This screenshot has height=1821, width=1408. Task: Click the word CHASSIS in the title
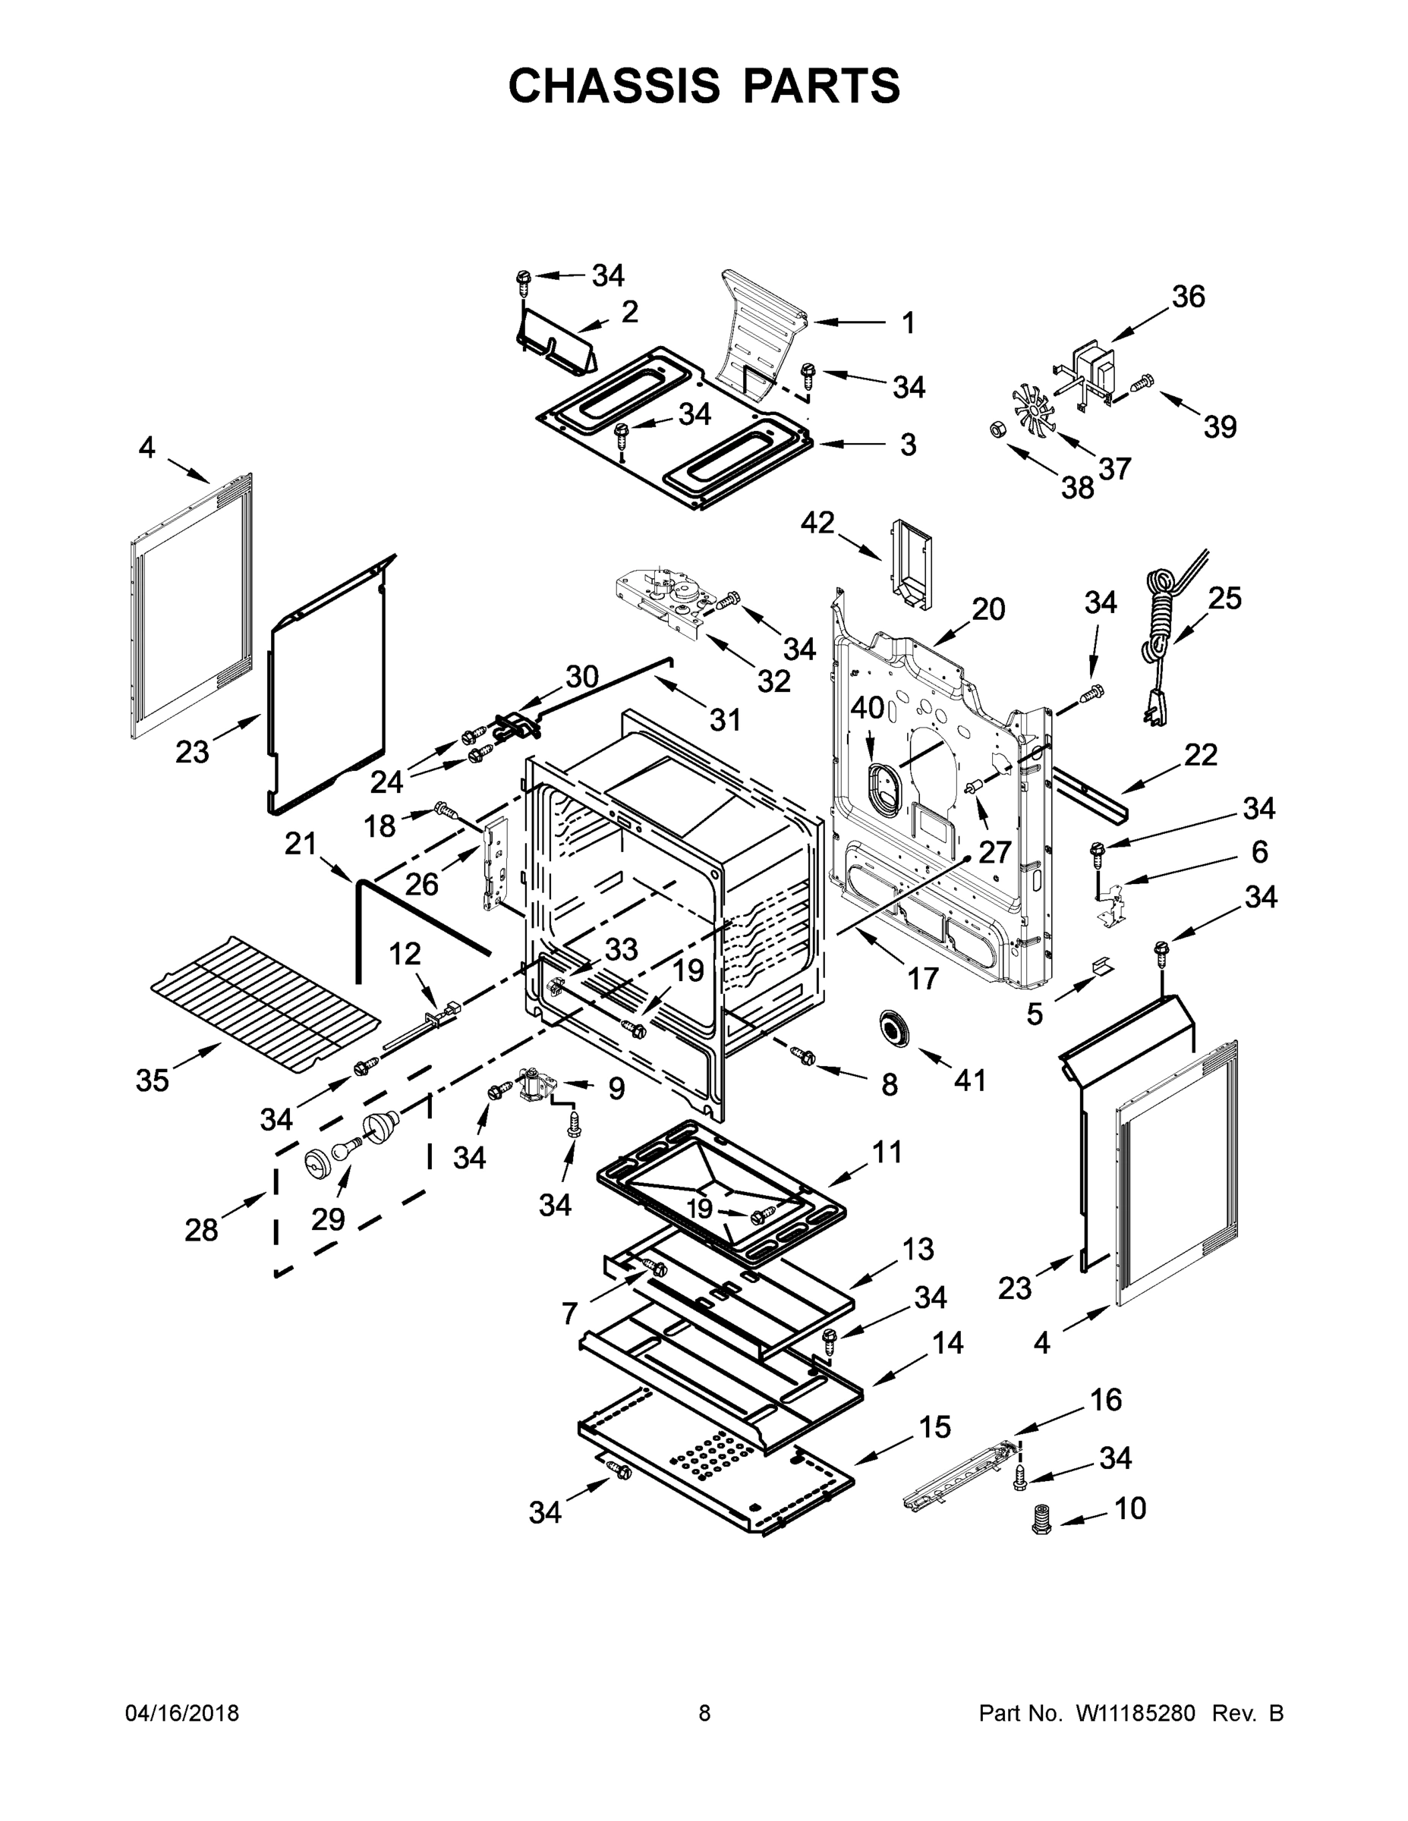click(x=614, y=86)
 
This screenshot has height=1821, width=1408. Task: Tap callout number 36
click(x=1188, y=297)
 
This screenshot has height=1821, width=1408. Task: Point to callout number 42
click(x=817, y=523)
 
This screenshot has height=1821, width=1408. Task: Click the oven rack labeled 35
click(x=265, y=1004)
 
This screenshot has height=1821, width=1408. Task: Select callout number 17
click(x=922, y=977)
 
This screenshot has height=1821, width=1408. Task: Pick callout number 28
click(x=201, y=1230)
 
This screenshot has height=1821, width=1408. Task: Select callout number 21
click(x=301, y=844)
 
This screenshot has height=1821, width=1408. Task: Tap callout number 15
click(x=934, y=1427)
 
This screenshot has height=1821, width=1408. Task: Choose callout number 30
click(x=582, y=676)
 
